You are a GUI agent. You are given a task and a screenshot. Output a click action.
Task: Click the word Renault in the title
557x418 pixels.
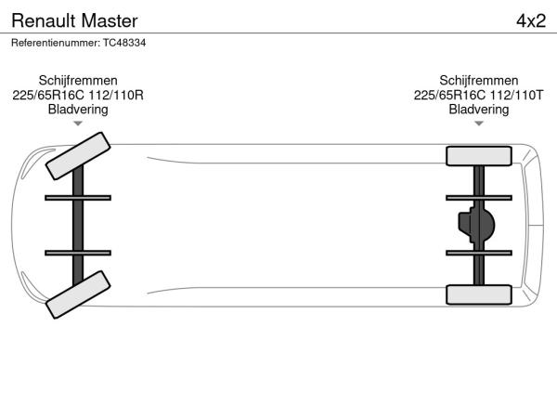point(44,20)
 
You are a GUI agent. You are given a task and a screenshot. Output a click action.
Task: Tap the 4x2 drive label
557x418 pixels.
point(531,21)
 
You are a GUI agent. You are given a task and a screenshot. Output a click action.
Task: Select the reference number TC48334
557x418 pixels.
point(124,43)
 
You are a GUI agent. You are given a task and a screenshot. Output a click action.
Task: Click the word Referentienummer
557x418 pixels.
point(56,43)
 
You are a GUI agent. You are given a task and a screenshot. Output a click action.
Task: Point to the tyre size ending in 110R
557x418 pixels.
point(78,96)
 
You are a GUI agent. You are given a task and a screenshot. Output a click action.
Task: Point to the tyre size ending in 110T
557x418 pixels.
point(478,96)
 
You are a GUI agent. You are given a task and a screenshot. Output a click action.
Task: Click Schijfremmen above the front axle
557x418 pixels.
point(78,81)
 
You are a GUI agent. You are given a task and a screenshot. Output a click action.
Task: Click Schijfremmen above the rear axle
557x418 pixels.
point(478,81)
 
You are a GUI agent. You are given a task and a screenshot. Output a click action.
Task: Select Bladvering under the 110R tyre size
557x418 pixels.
point(78,110)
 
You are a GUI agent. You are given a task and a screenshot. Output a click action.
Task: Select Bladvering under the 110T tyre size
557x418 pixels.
point(478,110)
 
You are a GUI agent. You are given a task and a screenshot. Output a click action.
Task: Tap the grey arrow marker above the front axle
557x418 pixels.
point(78,124)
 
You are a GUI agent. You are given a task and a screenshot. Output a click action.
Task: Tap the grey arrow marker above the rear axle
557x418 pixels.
point(479,124)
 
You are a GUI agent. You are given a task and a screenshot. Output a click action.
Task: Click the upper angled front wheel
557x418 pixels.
point(78,156)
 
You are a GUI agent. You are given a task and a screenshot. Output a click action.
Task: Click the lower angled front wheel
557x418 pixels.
point(78,294)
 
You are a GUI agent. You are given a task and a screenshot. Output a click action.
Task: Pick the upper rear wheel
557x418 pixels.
point(479,156)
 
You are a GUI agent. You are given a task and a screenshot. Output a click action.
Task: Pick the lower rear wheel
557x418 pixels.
point(479,294)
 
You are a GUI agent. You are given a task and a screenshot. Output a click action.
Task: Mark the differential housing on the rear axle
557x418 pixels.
point(476,225)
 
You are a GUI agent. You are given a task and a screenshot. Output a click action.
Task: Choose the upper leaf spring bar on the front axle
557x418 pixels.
point(78,198)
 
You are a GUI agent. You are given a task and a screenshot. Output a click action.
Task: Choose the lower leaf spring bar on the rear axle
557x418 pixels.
point(479,253)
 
